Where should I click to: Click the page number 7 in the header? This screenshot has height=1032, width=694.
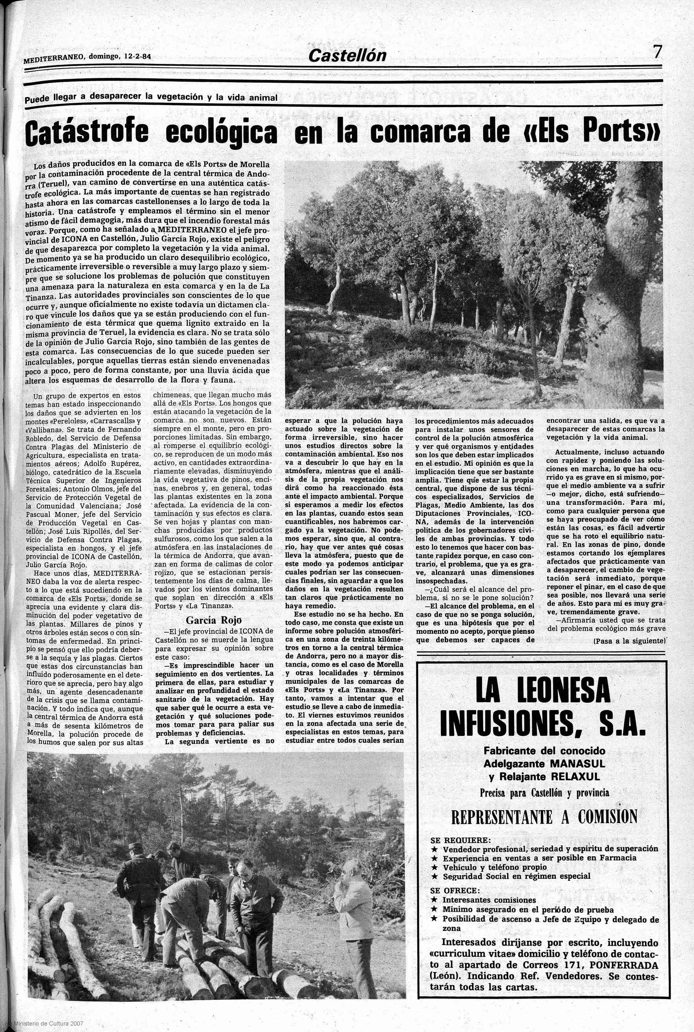(658, 52)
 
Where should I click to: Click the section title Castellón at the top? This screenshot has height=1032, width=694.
(348, 56)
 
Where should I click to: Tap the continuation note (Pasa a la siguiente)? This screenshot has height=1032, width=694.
(629, 640)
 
